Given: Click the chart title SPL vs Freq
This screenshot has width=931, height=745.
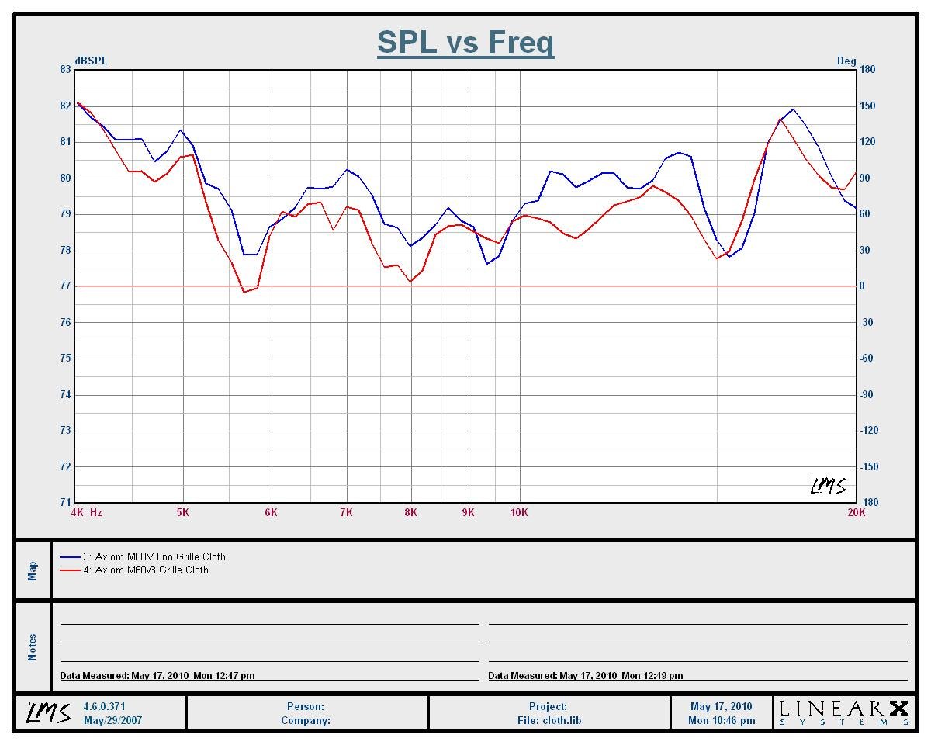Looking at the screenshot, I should tap(465, 42).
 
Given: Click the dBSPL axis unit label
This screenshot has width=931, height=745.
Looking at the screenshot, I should tap(91, 61).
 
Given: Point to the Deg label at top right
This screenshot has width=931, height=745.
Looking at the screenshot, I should tap(846, 61).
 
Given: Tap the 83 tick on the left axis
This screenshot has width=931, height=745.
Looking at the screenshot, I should tap(64, 70).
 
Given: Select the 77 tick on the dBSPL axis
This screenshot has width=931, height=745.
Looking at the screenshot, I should tap(64, 286).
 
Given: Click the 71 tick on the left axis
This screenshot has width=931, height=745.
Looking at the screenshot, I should tap(64, 503).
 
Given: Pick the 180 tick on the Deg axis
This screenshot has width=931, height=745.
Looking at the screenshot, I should tap(867, 70).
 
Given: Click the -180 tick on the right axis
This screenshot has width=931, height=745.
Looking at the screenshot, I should tap(869, 503).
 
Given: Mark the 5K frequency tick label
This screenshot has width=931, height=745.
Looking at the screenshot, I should tap(183, 512).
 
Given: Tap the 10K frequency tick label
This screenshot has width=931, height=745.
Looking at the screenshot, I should tap(519, 512).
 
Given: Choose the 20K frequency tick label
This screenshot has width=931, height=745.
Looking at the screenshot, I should tap(856, 512).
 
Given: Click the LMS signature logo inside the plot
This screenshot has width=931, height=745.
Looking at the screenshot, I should tap(828, 487).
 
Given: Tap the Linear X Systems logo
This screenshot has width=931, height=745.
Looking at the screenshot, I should tap(843, 712).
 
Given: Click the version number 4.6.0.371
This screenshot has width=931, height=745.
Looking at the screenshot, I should tap(104, 706).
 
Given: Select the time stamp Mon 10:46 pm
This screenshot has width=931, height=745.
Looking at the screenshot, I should tap(722, 720).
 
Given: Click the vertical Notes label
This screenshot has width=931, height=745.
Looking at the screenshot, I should tap(33, 647).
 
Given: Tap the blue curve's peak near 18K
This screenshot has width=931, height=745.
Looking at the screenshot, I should tap(793, 109).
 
